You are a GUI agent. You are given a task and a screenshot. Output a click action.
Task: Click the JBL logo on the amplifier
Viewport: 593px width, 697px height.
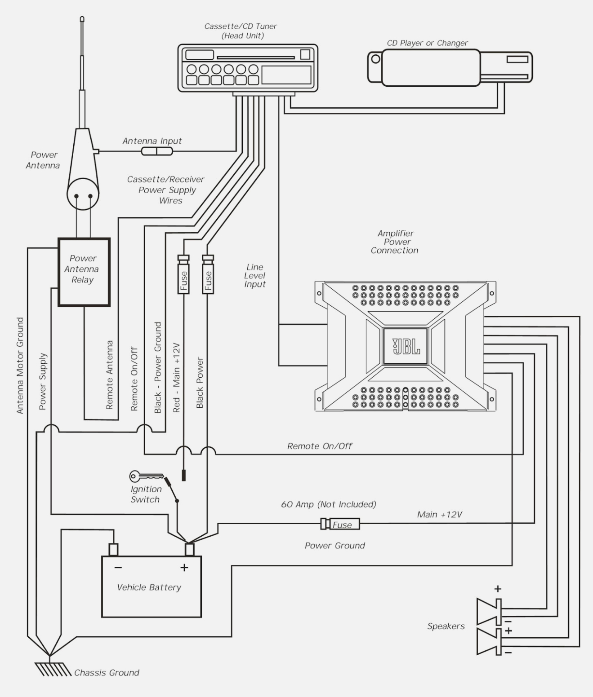click(x=405, y=346)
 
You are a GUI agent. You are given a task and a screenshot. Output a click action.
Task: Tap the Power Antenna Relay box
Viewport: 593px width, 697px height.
click(x=84, y=272)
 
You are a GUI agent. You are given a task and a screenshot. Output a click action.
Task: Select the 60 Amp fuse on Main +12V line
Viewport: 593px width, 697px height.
click(x=340, y=524)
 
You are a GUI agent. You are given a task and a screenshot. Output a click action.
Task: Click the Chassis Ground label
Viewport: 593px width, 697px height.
click(x=107, y=673)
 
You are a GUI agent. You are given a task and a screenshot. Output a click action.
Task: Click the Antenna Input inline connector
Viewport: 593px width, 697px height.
click(x=156, y=151)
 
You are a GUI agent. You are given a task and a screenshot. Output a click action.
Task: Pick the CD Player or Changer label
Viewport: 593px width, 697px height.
click(x=427, y=43)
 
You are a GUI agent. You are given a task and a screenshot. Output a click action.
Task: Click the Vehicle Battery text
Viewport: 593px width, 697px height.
click(x=149, y=587)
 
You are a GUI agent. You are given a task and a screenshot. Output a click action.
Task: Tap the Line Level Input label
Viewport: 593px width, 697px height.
click(x=255, y=276)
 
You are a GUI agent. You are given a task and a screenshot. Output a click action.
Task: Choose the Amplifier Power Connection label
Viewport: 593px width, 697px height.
click(x=395, y=242)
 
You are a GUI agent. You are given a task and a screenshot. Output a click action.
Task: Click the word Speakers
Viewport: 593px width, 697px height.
click(x=446, y=626)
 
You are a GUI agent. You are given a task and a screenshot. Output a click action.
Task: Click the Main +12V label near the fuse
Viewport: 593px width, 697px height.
click(x=439, y=515)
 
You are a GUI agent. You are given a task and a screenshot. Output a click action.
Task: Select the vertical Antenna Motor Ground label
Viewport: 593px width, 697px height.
click(x=20, y=366)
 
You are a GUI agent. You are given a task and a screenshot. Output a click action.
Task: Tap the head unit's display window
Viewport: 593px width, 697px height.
click(x=286, y=75)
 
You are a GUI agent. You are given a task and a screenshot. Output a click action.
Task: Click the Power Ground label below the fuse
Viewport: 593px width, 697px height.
click(x=334, y=546)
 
